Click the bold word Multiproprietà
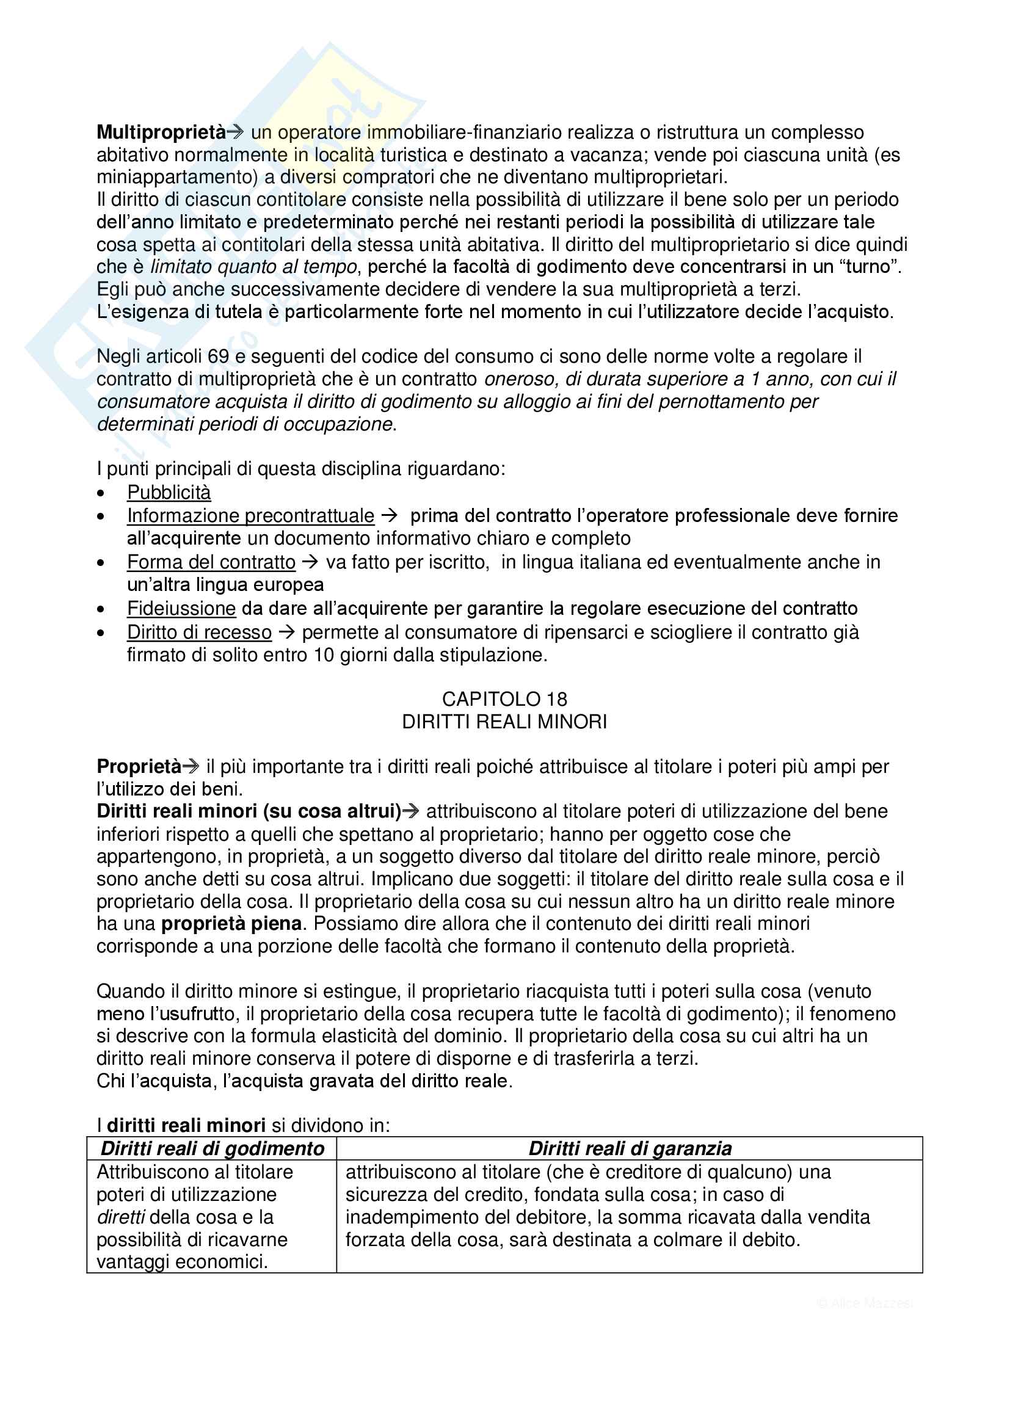click(161, 132)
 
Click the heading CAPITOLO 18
click(504, 699)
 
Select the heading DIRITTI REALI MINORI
click(504, 722)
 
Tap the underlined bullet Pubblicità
click(169, 493)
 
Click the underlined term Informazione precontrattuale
click(250, 516)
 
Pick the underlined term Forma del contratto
click(211, 562)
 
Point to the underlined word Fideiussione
click(181, 608)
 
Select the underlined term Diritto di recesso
click(199, 632)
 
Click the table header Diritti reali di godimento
click(212, 1149)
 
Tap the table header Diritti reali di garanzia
click(630, 1149)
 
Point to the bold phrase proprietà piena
click(231, 924)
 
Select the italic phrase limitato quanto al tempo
click(254, 267)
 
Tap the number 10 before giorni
click(324, 655)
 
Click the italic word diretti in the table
click(121, 1217)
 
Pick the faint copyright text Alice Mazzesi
click(865, 1303)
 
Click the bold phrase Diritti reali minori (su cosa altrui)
click(249, 811)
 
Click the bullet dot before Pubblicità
click(101, 493)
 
